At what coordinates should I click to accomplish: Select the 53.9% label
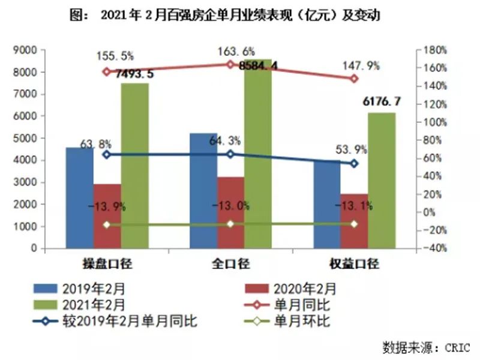click(354, 149)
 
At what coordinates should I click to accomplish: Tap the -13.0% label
click(231, 206)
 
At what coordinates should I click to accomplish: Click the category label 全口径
click(231, 263)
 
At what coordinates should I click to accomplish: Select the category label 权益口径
click(354, 263)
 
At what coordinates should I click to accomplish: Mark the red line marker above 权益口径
click(354, 79)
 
